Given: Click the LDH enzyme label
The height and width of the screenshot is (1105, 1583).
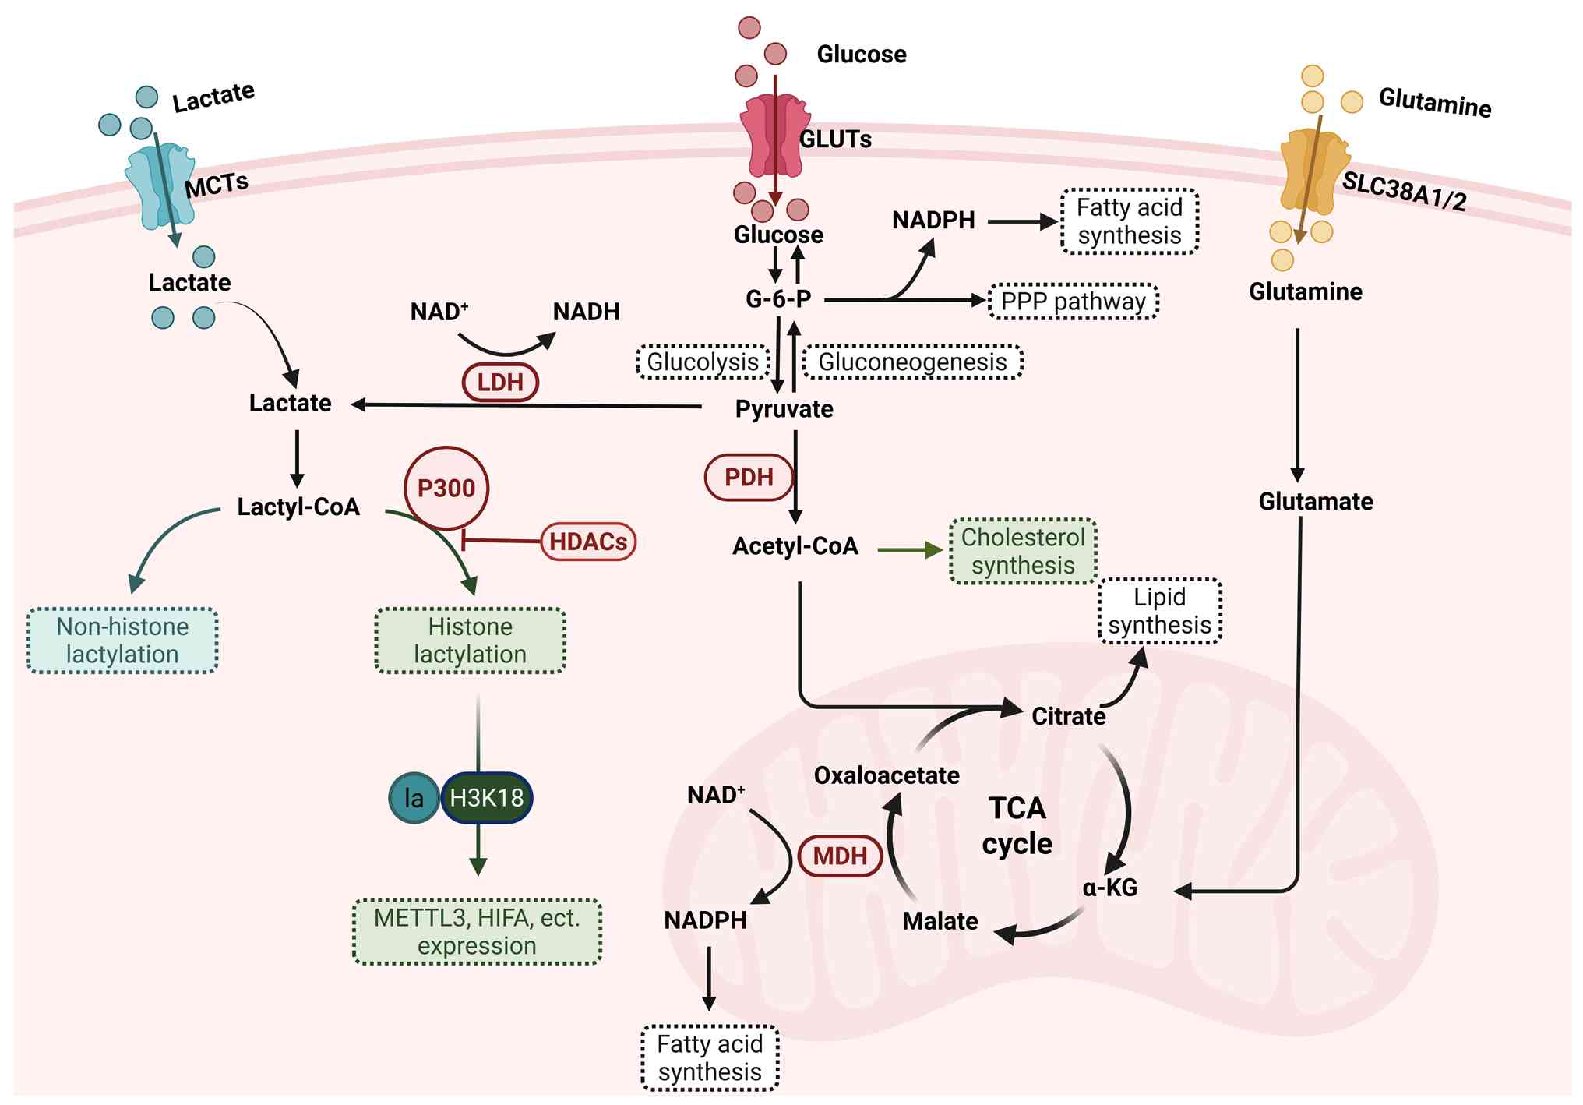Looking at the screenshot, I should click(x=500, y=382).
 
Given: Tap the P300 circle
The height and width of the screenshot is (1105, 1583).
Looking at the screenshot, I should click(x=446, y=488).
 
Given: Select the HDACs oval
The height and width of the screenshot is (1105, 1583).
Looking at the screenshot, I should click(x=588, y=541).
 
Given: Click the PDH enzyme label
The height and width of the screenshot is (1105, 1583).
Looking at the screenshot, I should click(x=749, y=477).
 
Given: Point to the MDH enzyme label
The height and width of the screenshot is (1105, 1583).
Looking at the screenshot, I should click(x=840, y=856).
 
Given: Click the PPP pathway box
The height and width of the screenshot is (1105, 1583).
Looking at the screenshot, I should click(x=1073, y=302).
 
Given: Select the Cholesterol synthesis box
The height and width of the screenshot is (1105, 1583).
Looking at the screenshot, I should click(x=1023, y=551).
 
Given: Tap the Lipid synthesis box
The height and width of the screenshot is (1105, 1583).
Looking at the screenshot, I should click(x=1159, y=611).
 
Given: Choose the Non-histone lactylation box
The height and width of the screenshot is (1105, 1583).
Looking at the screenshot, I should click(x=122, y=641).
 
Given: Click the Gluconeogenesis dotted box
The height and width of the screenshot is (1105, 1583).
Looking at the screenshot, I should click(x=912, y=362).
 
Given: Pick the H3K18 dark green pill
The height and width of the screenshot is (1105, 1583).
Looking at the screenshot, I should click(x=487, y=798).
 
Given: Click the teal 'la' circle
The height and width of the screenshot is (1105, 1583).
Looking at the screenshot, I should click(x=414, y=798).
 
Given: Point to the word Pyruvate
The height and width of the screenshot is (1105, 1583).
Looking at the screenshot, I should click(x=784, y=409).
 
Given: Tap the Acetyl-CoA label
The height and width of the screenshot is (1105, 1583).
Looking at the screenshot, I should click(x=795, y=546).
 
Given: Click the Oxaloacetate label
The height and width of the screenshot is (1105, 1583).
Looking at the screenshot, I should click(x=887, y=775).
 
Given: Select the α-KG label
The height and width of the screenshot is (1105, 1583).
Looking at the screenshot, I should click(x=1110, y=888).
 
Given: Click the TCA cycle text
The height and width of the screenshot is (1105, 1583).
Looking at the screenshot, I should click(x=1017, y=826).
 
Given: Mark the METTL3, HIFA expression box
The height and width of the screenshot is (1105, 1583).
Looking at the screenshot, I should click(x=477, y=932).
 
